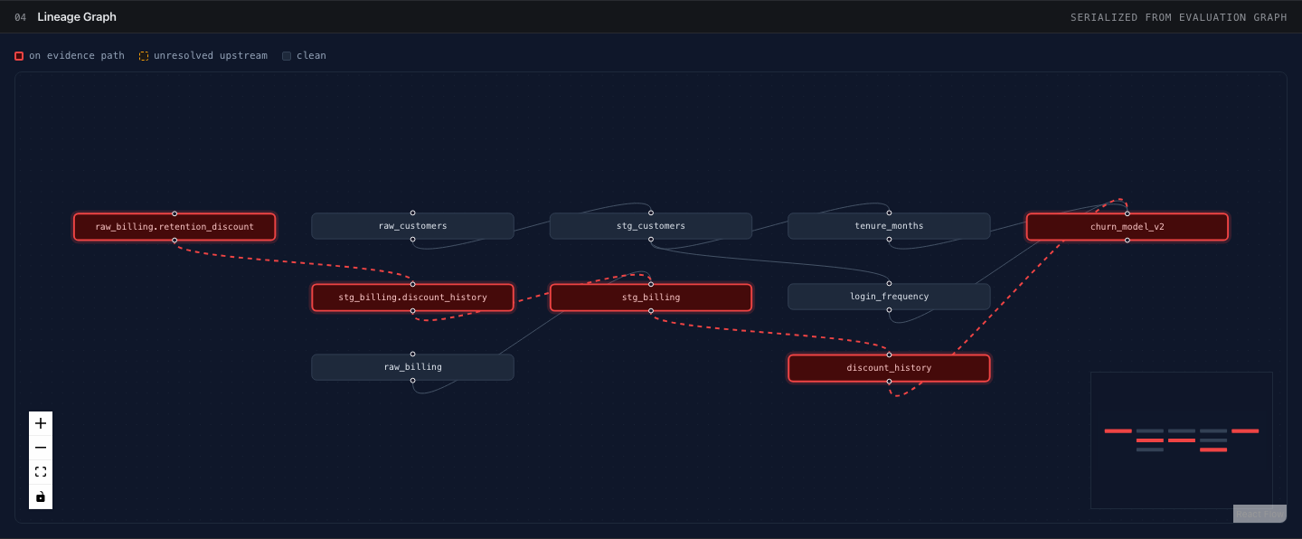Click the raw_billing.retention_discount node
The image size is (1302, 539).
click(x=175, y=227)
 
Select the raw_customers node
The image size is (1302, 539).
click(x=412, y=225)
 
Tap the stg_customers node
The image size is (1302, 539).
click(x=650, y=225)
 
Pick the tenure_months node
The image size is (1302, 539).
click(x=889, y=225)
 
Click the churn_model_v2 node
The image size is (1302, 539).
click(x=1127, y=227)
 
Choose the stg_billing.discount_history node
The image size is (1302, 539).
click(x=412, y=298)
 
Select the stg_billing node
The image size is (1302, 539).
click(x=650, y=298)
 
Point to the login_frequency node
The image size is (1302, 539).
click(x=889, y=297)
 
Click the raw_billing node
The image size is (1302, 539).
click(x=412, y=367)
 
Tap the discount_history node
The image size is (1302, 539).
click(x=889, y=368)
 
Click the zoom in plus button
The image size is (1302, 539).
click(x=41, y=423)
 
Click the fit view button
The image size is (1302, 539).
click(x=41, y=471)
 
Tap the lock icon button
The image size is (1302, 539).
click(x=41, y=496)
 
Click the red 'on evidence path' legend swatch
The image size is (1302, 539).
click(x=19, y=56)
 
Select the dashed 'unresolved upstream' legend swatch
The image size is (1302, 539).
click(x=144, y=56)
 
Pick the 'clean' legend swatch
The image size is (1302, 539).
click(x=287, y=56)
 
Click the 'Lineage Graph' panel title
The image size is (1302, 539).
click(x=77, y=17)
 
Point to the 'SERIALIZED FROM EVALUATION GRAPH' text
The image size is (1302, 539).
click(x=1179, y=17)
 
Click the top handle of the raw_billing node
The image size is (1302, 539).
click(x=412, y=355)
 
